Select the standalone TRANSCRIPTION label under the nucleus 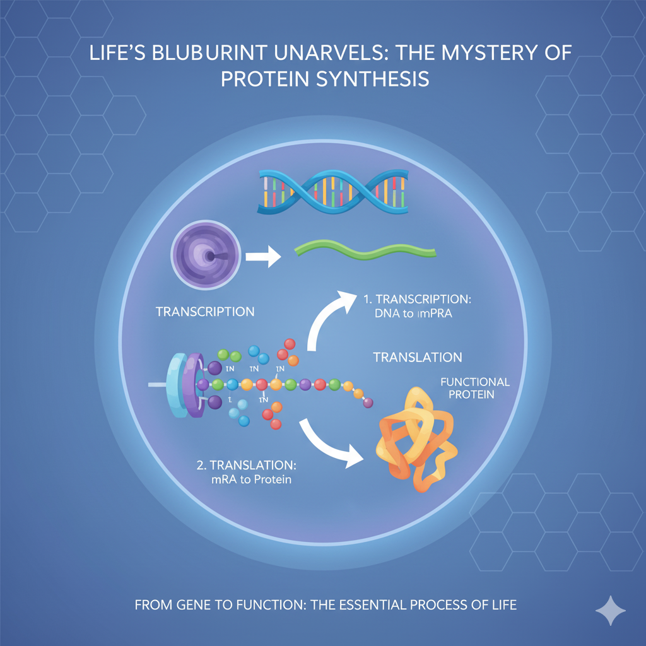[x=205, y=312]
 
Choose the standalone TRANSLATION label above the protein [x=418, y=357]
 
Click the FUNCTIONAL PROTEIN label [x=474, y=388]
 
